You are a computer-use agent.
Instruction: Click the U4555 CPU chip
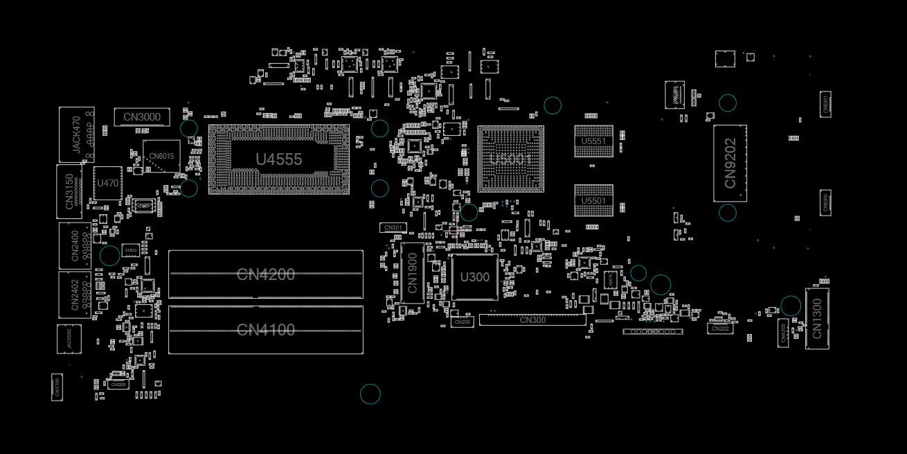pyautogui.click(x=278, y=159)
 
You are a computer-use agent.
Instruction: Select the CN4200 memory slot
pyautogui.click(x=265, y=274)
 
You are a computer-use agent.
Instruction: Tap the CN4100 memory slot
pyautogui.click(x=265, y=330)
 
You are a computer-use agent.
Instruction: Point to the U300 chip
pyautogui.click(x=474, y=277)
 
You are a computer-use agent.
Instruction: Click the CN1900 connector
pyautogui.click(x=412, y=272)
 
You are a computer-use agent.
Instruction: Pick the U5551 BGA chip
pyautogui.click(x=593, y=141)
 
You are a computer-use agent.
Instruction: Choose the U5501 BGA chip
pyautogui.click(x=593, y=201)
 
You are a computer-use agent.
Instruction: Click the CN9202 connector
pyautogui.click(x=730, y=164)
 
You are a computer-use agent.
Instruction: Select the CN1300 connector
pyautogui.click(x=817, y=318)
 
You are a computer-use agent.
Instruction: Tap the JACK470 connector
pyautogui.click(x=76, y=134)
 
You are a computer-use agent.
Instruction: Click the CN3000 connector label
pyautogui.click(x=141, y=117)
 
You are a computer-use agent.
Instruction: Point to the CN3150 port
pyautogui.click(x=69, y=191)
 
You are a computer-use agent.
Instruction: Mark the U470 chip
pyautogui.click(x=107, y=184)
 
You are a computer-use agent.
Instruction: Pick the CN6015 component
pyautogui.click(x=161, y=156)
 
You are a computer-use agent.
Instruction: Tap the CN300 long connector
pyautogui.click(x=532, y=320)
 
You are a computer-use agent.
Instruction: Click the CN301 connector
pyautogui.click(x=393, y=227)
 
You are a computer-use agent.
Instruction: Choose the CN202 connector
pyautogui.click(x=720, y=329)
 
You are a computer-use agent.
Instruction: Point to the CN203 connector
pyautogui.click(x=462, y=322)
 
